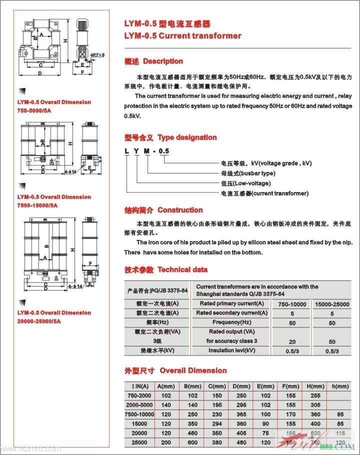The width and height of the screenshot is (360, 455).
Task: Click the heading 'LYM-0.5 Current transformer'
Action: point(182,36)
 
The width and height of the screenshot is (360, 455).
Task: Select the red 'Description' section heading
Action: point(162,61)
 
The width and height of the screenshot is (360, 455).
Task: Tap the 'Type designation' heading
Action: point(187,137)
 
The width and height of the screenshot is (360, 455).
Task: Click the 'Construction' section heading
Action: point(180,210)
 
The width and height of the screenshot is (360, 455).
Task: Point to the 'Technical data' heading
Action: point(182,269)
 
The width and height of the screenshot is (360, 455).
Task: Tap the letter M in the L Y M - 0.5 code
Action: point(147,151)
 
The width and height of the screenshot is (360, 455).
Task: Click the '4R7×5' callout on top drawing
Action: point(97,55)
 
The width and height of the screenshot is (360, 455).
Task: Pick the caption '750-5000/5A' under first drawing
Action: point(37,110)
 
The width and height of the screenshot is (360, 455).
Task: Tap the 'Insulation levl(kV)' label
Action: point(231,350)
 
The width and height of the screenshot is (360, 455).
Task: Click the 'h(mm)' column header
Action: point(340,386)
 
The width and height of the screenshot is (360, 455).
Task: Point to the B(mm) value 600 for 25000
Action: point(192,443)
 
